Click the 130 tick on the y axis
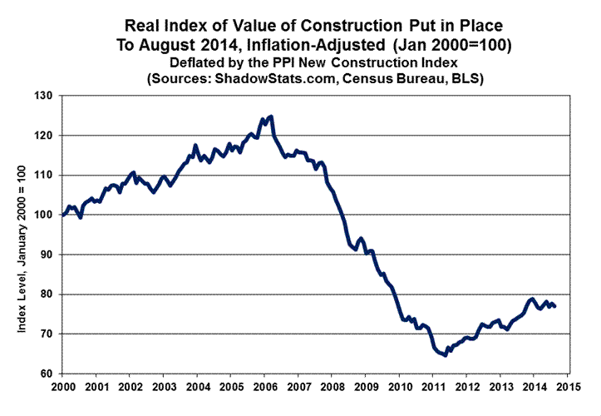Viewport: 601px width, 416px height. click(x=46, y=97)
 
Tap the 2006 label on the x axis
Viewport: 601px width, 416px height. click(x=265, y=386)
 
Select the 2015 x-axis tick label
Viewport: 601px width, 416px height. click(x=569, y=386)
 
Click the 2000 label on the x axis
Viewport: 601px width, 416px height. click(x=63, y=386)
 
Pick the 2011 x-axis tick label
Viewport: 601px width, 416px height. click(x=434, y=386)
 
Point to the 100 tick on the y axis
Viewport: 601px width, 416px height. click(x=46, y=215)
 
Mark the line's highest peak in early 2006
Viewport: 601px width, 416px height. click(x=271, y=116)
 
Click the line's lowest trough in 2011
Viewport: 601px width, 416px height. click(x=445, y=355)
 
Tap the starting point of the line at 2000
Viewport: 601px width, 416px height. click(x=63, y=215)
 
